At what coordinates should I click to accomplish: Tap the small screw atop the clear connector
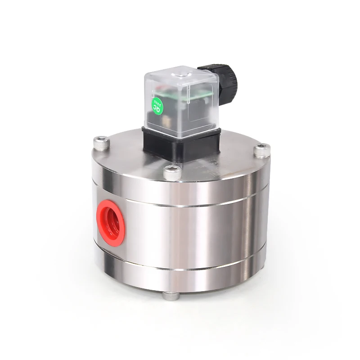point(182,69)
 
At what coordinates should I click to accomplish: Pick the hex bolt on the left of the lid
point(101,144)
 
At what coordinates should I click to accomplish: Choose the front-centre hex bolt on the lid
point(171,172)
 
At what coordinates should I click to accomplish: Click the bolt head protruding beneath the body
point(170,296)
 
